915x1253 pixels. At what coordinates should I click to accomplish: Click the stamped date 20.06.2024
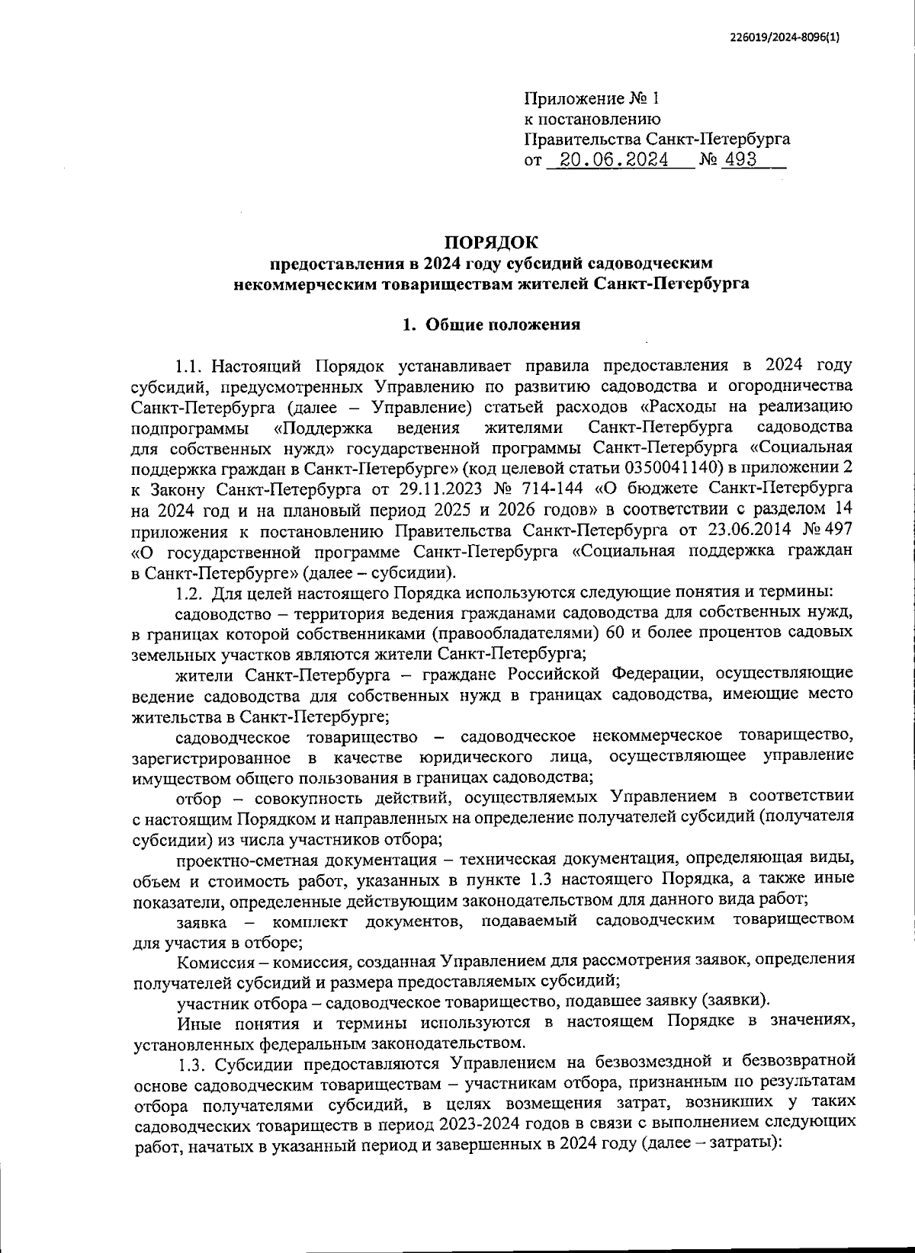coord(614,160)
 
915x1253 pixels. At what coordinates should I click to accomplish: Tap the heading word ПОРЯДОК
coord(492,243)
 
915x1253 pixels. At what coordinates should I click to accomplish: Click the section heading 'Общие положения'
coord(502,325)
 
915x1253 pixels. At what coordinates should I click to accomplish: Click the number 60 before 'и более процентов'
coord(618,632)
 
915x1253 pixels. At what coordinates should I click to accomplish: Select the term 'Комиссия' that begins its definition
coord(210,958)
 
